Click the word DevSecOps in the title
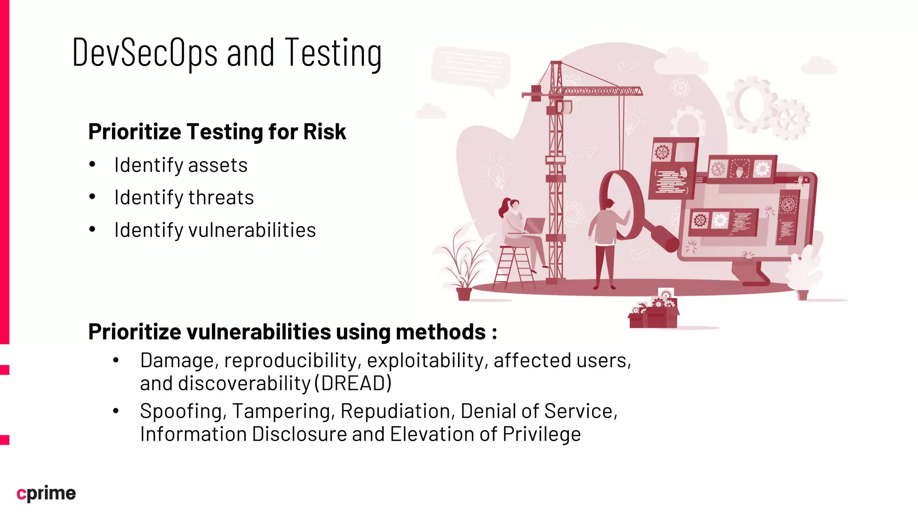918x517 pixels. click(145, 53)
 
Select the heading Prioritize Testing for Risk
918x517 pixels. click(217, 131)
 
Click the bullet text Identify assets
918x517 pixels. click(181, 165)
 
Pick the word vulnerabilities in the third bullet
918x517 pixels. click(252, 230)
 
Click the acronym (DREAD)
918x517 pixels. click(353, 383)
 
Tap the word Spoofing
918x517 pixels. click(183, 411)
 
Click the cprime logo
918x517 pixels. click(46, 493)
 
